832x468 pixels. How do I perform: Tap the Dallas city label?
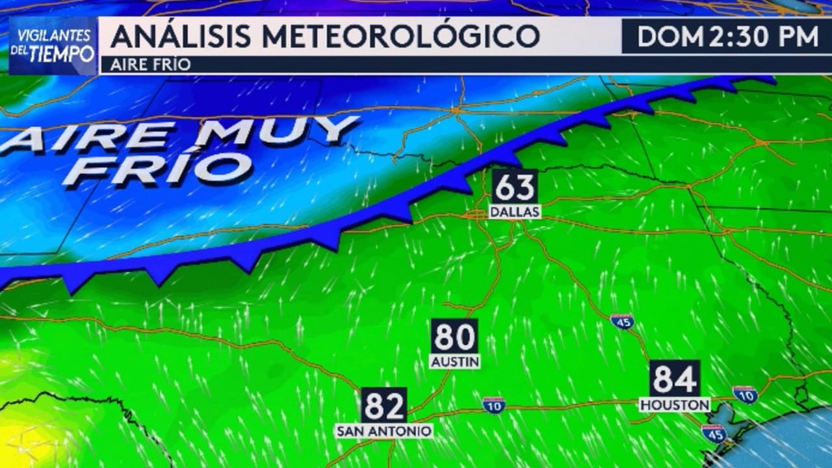(x=515, y=213)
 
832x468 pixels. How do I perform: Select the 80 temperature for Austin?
(x=454, y=337)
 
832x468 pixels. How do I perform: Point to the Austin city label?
(x=455, y=361)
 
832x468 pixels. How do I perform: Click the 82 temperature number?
(x=383, y=406)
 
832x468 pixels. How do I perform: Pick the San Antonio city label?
(x=384, y=431)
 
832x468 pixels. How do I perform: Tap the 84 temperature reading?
(x=675, y=379)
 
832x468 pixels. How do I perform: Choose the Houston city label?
(x=675, y=405)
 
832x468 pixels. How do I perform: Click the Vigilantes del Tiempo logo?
(x=53, y=45)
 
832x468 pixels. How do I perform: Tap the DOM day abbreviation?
(x=669, y=36)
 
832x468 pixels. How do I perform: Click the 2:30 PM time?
(x=764, y=36)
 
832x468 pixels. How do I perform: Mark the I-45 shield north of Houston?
(x=622, y=321)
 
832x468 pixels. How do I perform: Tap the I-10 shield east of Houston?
(x=744, y=394)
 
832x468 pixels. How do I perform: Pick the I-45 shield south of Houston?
(x=714, y=434)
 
